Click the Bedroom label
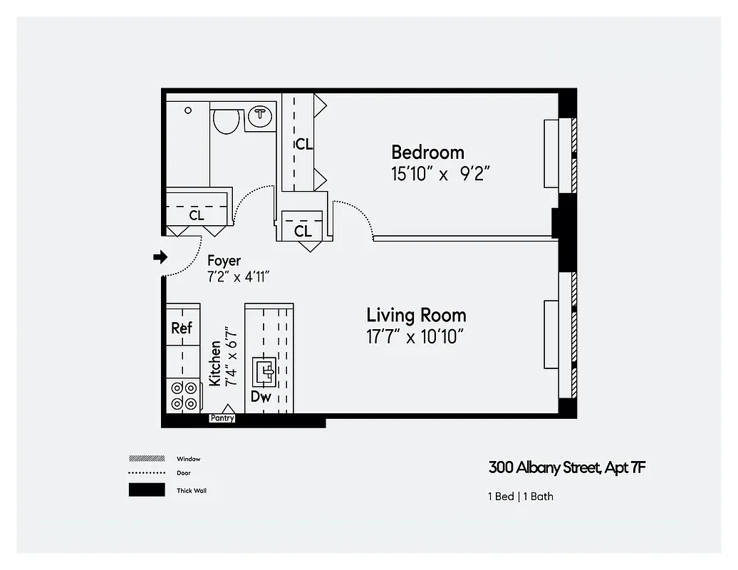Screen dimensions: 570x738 (427, 152)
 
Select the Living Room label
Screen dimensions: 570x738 (416, 315)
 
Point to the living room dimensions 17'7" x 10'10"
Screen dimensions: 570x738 (416, 337)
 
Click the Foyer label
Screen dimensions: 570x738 (224, 261)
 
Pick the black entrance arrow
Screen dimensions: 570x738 (160, 256)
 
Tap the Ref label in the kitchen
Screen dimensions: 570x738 (182, 328)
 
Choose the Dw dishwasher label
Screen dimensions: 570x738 (261, 397)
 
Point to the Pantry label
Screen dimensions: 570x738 (222, 418)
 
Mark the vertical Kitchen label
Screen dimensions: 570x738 (215, 363)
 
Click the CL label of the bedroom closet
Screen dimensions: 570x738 (304, 144)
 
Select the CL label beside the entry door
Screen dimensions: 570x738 (197, 214)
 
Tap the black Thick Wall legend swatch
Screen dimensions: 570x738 (146, 490)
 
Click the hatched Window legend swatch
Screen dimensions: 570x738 (146, 459)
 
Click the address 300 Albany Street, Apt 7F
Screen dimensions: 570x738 (567, 468)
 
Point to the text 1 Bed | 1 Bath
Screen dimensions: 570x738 (520, 496)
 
